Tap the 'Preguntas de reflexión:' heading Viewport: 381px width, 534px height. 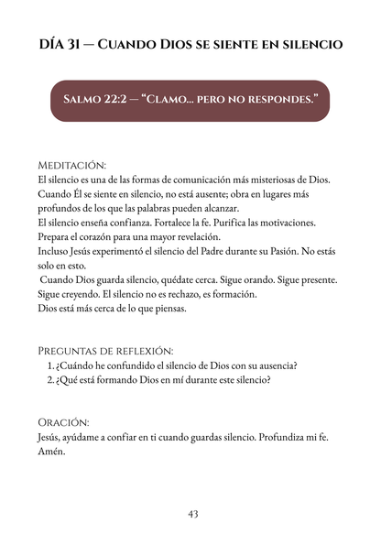[x=105, y=351]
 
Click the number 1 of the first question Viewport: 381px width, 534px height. [x=49, y=366]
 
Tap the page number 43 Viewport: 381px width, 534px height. [x=192, y=514]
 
